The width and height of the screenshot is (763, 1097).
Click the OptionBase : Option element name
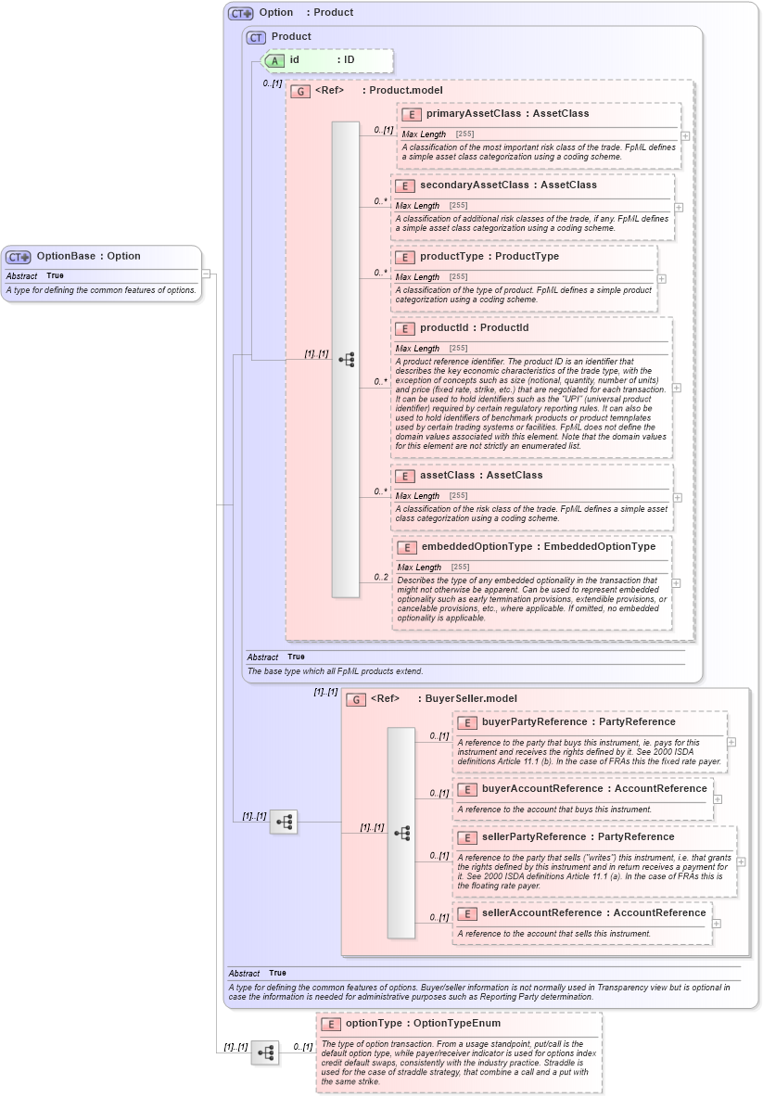pyautogui.click(x=88, y=256)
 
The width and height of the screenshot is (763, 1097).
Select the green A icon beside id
pyautogui.click(x=274, y=60)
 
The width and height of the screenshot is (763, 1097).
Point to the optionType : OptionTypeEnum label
pyautogui.click(x=423, y=1023)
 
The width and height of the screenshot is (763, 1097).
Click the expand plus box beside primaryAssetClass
pyautogui.click(x=684, y=135)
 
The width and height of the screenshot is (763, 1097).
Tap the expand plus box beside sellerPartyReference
pyautogui.click(x=741, y=861)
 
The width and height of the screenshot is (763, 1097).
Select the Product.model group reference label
pyautogui.click(x=402, y=90)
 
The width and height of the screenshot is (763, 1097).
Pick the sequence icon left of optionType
pyautogui.click(x=265, y=1052)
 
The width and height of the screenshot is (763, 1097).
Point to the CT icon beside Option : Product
pyautogui.click(x=241, y=13)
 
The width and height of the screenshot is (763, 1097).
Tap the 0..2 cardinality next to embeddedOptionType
pyautogui.click(x=381, y=577)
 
